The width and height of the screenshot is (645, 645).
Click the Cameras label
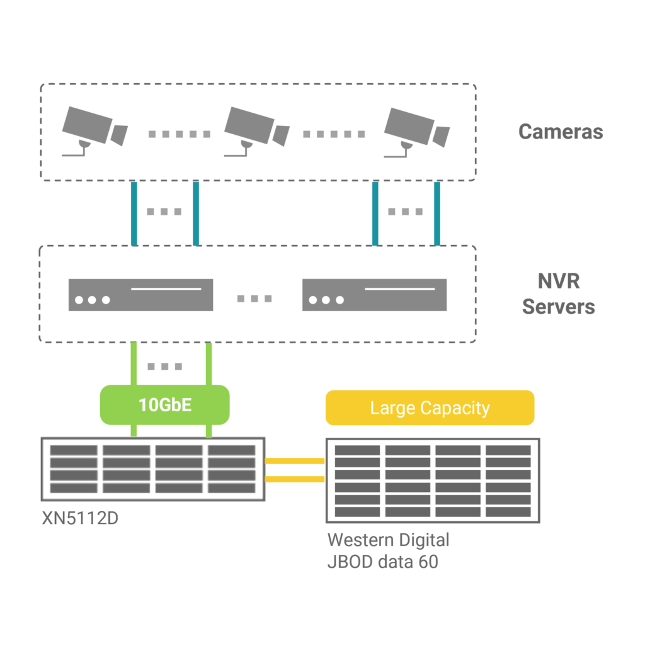(x=560, y=132)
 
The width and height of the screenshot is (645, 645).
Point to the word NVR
(x=559, y=281)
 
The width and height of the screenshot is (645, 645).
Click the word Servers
(x=559, y=307)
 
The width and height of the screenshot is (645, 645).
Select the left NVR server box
(x=140, y=295)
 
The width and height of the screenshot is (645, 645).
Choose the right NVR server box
(x=374, y=295)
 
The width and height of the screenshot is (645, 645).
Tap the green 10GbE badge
(x=165, y=404)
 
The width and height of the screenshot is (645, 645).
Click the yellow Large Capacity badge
(x=430, y=408)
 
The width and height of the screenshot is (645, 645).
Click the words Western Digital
(x=389, y=540)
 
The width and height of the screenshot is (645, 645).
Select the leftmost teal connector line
(x=134, y=214)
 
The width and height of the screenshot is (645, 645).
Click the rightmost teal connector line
(x=437, y=214)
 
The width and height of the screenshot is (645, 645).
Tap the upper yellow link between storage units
(x=294, y=461)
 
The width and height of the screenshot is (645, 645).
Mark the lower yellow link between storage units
(x=294, y=479)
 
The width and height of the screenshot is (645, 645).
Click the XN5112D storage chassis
(x=152, y=469)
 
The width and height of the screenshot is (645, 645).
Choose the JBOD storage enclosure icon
(x=433, y=480)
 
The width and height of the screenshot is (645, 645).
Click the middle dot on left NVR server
(x=92, y=300)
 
